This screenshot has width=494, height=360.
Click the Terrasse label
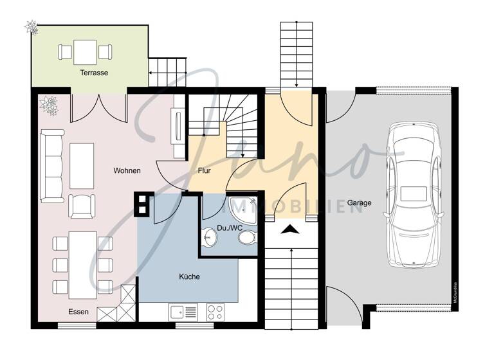(x=94, y=73)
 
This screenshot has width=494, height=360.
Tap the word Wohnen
(x=127, y=170)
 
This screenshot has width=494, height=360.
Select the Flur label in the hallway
(x=205, y=172)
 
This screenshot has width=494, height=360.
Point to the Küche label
(x=189, y=276)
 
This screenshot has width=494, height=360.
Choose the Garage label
(x=360, y=203)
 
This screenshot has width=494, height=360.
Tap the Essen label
(x=78, y=312)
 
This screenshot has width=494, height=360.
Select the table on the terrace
(x=85, y=51)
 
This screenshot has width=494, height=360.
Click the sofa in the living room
(x=50, y=165)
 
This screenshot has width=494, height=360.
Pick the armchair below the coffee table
(x=82, y=205)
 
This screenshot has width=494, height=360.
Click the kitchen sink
(x=184, y=312)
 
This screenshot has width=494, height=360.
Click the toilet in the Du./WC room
(x=246, y=238)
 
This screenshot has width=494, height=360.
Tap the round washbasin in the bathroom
(x=209, y=237)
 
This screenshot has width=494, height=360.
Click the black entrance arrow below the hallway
(x=291, y=228)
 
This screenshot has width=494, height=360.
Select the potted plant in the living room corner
(x=49, y=104)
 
